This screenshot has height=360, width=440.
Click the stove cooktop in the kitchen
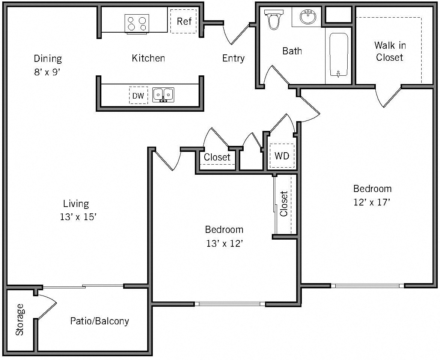[137, 23]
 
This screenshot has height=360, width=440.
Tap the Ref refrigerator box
[184, 21]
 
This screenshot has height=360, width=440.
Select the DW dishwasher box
[138, 96]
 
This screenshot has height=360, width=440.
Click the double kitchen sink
[163, 94]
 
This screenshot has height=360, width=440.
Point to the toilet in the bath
[273, 19]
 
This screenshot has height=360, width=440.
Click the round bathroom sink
[308, 16]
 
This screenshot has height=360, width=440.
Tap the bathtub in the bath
[339, 55]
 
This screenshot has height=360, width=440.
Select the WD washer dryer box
[282, 156]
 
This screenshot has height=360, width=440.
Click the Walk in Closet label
[390, 51]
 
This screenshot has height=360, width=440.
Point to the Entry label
[233, 58]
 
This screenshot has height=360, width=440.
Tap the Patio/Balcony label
[99, 321]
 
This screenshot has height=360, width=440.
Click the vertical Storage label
[20, 319]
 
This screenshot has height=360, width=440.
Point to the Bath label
[292, 51]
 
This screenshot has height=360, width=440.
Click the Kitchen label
[148, 58]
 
